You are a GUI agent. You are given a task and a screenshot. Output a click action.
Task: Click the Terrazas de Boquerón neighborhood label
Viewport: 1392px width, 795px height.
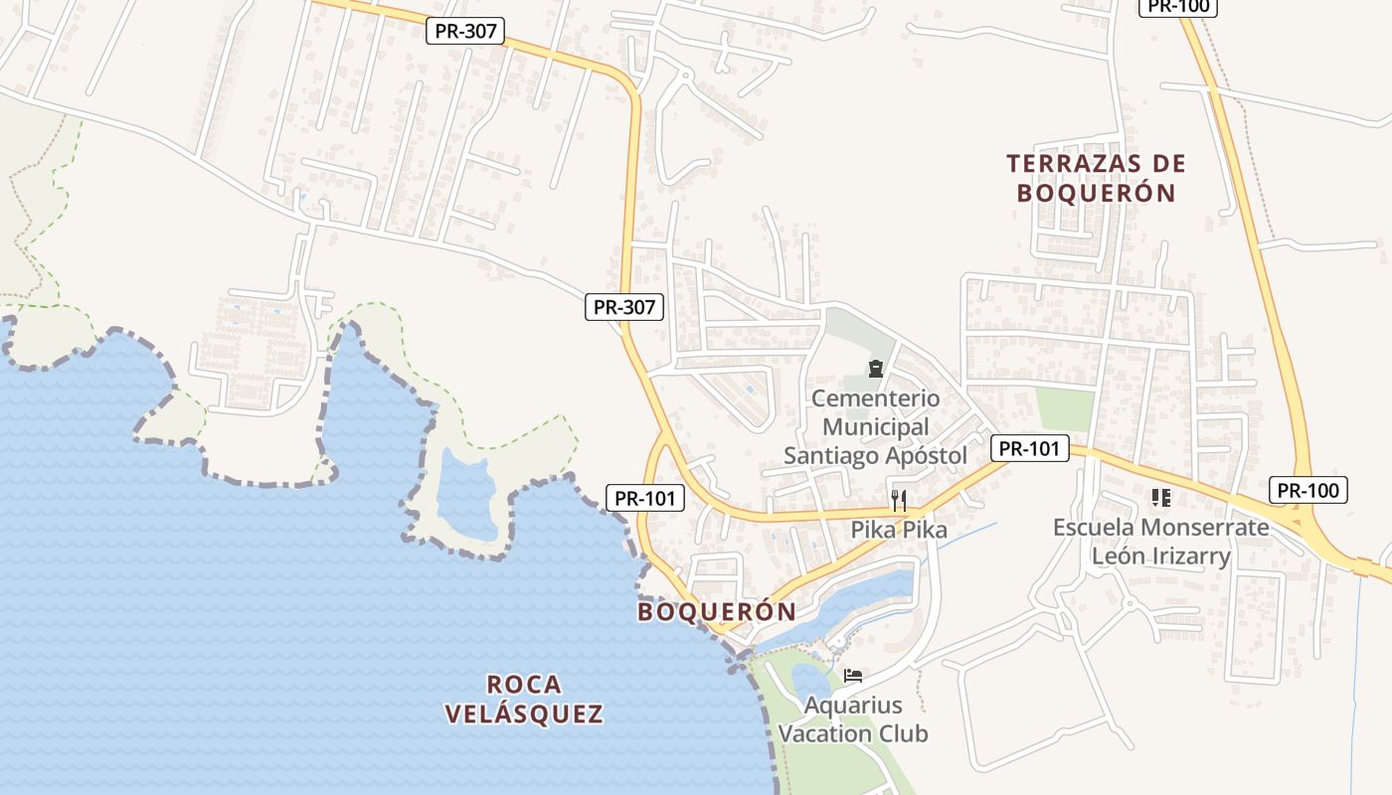[x=1095, y=177]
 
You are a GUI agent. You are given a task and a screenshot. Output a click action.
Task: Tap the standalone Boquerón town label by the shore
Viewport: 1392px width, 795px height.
[x=717, y=611]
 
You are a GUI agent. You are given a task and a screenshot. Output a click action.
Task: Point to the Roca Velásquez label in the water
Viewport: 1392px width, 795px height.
[x=524, y=699]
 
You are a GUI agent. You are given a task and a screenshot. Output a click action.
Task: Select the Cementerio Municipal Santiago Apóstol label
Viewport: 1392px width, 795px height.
[x=875, y=427]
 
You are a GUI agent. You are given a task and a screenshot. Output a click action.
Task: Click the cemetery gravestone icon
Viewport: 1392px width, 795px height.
[x=876, y=370]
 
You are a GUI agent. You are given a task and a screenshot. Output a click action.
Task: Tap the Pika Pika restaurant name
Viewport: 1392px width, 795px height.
[x=899, y=530]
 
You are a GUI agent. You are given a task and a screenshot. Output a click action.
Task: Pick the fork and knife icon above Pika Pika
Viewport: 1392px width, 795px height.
[x=899, y=500]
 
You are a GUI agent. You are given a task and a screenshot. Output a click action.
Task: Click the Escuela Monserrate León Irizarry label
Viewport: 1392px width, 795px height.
[x=1160, y=541]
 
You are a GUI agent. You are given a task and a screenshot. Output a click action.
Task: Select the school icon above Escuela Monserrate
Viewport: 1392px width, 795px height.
[x=1160, y=497]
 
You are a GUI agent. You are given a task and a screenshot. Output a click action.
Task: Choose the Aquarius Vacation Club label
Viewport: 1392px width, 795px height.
[x=853, y=719]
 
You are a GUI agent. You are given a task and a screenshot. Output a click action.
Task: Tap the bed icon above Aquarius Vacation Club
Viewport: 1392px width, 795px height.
[x=853, y=676]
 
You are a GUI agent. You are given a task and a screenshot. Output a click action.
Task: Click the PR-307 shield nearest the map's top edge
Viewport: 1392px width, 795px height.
[x=465, y=31]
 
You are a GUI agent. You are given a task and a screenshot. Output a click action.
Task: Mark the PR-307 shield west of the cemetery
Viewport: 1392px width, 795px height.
[x=623, y=307]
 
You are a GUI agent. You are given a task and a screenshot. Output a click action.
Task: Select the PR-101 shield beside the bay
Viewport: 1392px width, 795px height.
[x=645, y=498]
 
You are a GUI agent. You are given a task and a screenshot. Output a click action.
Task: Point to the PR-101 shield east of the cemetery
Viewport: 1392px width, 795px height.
[x=1029, y=448]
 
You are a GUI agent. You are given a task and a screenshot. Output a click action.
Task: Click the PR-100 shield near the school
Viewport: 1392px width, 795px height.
[x=1307, y=490]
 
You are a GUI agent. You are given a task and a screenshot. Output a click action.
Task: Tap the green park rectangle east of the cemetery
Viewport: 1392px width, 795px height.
[x=1065, y=408]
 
